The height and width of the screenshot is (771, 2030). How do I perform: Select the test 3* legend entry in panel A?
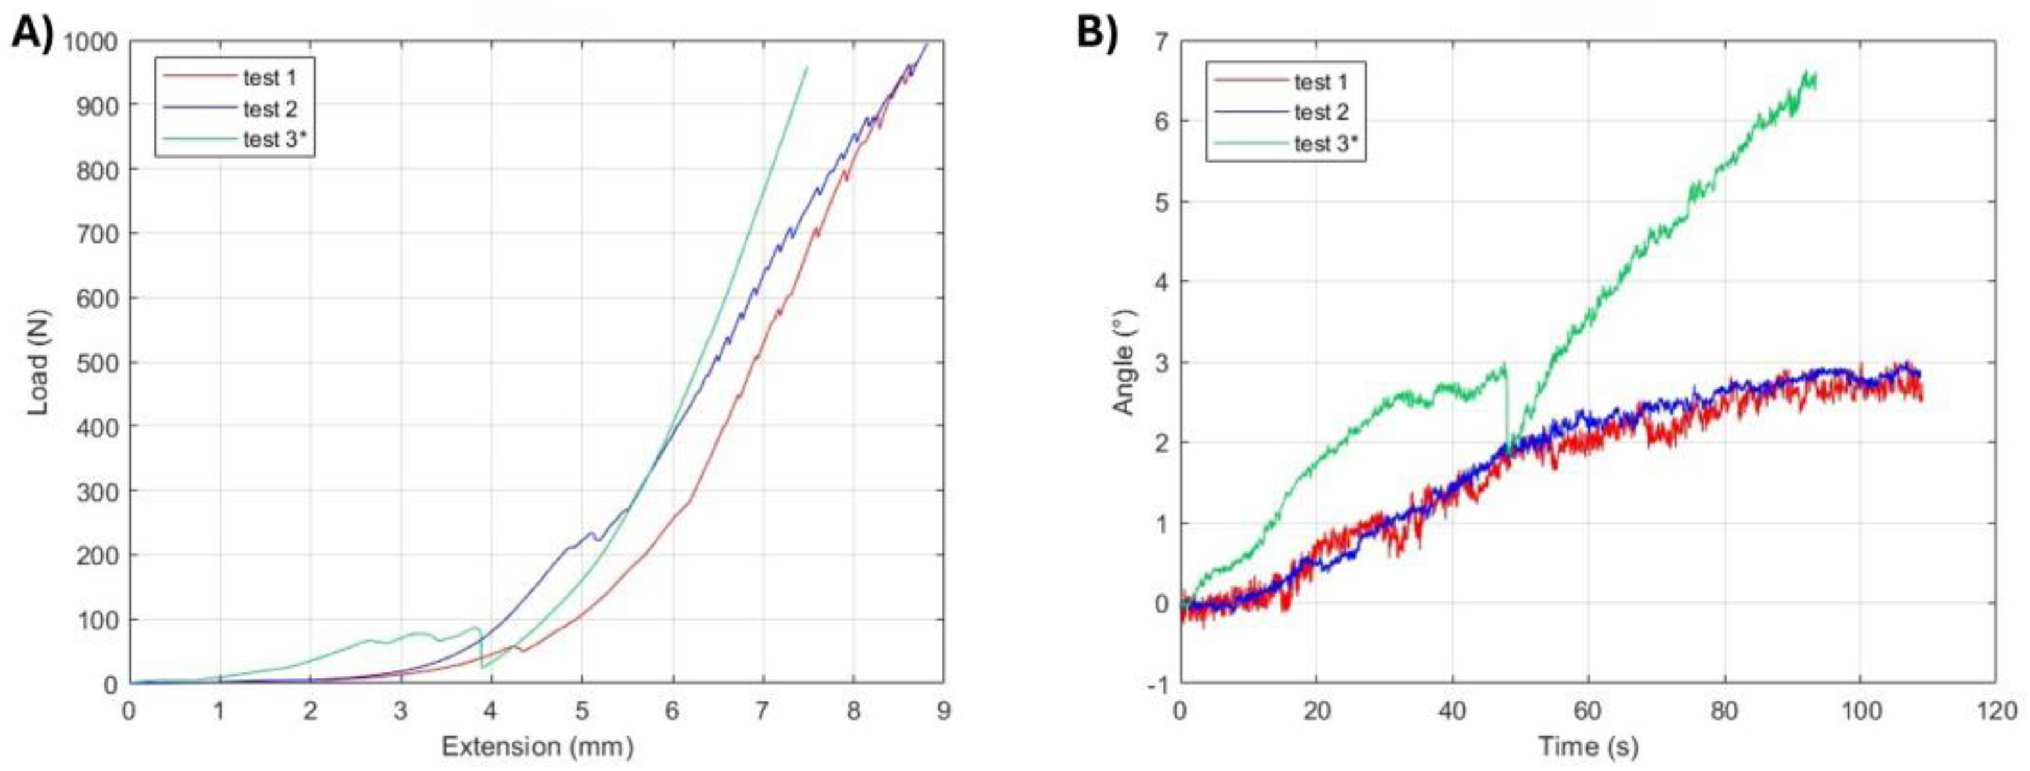pos(270,140)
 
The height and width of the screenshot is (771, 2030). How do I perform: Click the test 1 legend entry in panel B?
pos(1320,82)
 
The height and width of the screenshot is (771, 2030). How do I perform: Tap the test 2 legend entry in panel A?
pos(270,108)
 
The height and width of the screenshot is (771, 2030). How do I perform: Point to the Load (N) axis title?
pos(37,362)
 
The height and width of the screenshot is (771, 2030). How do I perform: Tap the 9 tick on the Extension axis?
pos(943,711)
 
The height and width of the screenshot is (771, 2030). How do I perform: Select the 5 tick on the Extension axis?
pos(581,711)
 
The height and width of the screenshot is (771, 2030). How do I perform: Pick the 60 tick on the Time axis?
pos(1587,711)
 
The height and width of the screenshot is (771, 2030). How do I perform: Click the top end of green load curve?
pos(806,68)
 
